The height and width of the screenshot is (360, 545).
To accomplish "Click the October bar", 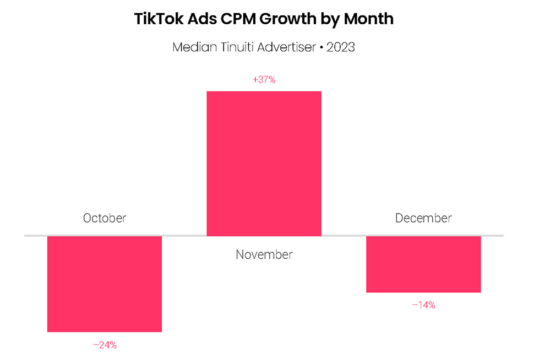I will (105, 283).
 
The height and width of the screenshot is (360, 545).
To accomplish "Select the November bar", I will (264, 163).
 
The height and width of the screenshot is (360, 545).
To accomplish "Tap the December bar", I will (423, 264).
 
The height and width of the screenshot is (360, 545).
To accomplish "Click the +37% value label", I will (264, 80).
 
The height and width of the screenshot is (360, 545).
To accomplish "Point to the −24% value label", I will (105, 345).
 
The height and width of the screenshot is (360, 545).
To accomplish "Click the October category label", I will (105, 218).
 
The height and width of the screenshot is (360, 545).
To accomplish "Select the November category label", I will (264, 255).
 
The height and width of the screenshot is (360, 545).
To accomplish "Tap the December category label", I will (423, 218).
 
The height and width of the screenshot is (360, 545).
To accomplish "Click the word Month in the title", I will (369, 18).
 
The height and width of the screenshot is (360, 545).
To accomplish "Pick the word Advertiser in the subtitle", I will (284, 47).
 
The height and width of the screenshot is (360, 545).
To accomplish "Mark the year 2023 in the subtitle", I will (341, 47).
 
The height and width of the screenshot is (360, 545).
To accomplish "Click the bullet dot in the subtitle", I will (321, 47).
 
